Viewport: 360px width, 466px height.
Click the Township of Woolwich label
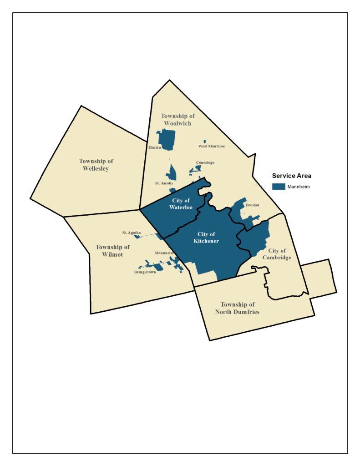[x=177, y=120]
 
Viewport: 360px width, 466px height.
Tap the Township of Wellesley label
[x=96, y=165]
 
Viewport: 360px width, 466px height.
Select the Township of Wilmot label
[x=112, y=251]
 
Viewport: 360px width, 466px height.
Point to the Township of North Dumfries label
[x=237, y=308]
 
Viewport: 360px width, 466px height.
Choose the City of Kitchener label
[x=207, y=238]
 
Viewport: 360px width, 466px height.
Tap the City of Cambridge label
[x=277, y=254]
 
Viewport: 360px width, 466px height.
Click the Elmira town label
[x=155, y=147]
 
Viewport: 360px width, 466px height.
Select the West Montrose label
[x=212, y=146]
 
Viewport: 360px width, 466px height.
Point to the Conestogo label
[x=205, y=162]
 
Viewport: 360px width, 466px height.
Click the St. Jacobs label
[x=164, y=183]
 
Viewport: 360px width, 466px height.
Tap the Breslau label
[x=252, y=205]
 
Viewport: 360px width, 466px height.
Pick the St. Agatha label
[x=131, y=233]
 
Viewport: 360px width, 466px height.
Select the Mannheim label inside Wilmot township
[x=164, y=253]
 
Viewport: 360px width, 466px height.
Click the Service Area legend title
[x=291, y=176]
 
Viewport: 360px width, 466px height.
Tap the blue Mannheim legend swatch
[x=279, y=187]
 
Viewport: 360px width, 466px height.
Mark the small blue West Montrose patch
[x=205, y=142]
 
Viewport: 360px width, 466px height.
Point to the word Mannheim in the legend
[x=299, y=187]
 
